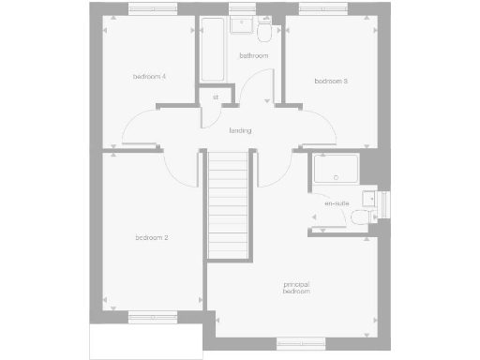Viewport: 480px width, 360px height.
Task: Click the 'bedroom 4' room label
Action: click(x=150, y=76)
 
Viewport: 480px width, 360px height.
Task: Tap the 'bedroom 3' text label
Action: click(x=331, y=82)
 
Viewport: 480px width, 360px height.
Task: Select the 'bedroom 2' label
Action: click(x=151, y=238)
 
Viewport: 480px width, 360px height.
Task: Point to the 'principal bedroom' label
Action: click(x=296, y=288)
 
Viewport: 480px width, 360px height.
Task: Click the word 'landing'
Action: click(x=240, y=130)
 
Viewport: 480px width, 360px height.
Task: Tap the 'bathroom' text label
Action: click(x=253, y=56)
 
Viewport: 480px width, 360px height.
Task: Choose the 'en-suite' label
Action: click(x=336, y=203)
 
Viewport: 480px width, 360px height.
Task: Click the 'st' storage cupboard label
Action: click(x=215, y=97)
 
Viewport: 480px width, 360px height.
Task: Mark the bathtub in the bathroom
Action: click(x=211, y=52)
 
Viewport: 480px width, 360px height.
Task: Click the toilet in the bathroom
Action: click(x=266, y=35)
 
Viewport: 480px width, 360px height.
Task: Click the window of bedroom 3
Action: click(x=322, y=10)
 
